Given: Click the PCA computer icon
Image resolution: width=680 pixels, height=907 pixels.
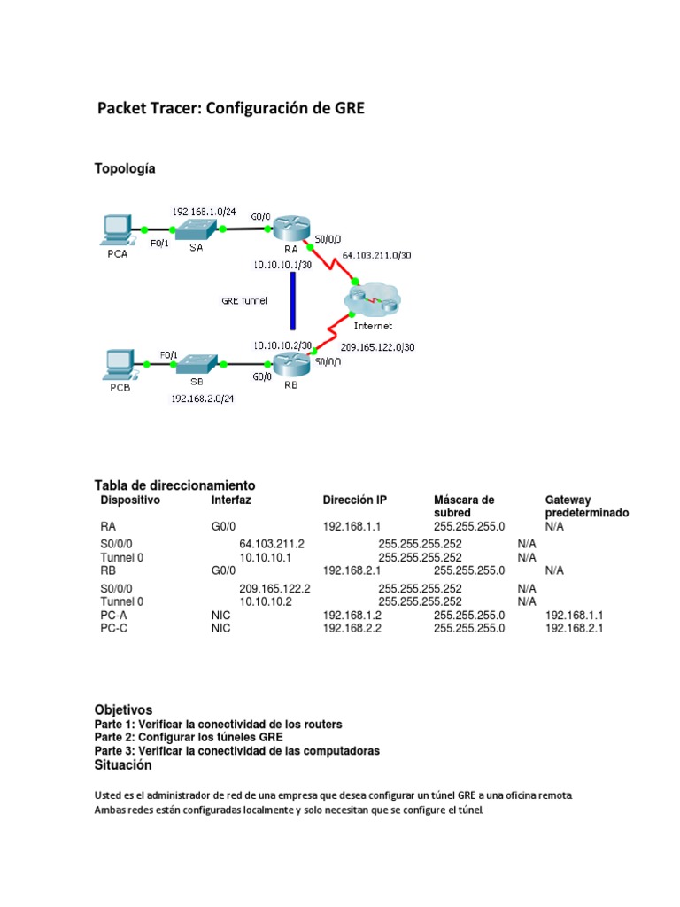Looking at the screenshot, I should pyautogui.click(x=117, y=229).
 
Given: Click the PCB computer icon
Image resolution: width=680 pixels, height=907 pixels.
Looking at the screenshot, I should pyautogui.click(x=117, y=363).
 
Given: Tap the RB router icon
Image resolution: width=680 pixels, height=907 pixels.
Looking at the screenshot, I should pyautogui.click(x=289, y=363).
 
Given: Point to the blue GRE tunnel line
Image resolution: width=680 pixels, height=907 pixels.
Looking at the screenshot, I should pyautogui.click(x=292, y=301).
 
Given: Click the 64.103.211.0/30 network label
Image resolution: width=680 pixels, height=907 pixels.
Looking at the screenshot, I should pyautogui.click(x=376, y=255).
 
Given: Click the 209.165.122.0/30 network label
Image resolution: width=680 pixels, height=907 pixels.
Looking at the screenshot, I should pyautogui.click(x=377, y=347).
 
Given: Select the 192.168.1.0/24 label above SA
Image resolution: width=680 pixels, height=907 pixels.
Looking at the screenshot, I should pyautogui.click(x=204, y=212).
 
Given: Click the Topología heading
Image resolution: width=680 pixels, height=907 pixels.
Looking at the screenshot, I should pyautogui.click(x=125, y=168).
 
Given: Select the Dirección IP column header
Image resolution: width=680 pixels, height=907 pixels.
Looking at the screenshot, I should pyautogui.click(x=354, y=500).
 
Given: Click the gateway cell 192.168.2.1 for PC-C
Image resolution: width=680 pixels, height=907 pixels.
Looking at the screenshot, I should pyautogui.click(x=574, y=628).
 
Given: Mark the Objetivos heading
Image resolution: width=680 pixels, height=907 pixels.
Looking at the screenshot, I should pyautogui.click(x=124, y=709).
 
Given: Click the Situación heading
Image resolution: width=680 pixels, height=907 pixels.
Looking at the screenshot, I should pyautogui.click(x=123, y=764).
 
